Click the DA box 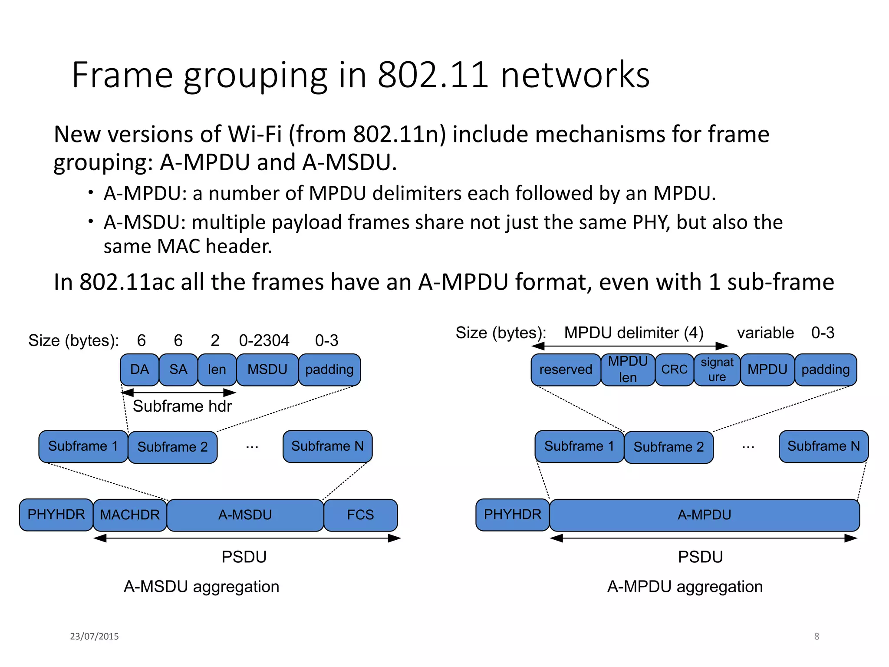point(139,370)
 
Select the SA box point(178,370)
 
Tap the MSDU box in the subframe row point(267,370)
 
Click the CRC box point(674,370)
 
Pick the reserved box point(566,370)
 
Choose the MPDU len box point(628,370)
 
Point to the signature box point(717,370)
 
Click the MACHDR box point(130,515)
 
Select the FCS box point(360,515)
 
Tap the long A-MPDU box point(704,515)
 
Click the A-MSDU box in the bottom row point(245,515)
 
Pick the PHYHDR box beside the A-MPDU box point(512,515)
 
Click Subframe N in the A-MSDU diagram point(327,446)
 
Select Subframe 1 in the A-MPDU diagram point(579,446)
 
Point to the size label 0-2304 point(264,340)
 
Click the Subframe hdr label point(182,406)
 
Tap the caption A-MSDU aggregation point(201,587)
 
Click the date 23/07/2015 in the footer point(94,636)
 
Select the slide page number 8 point(817,636)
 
